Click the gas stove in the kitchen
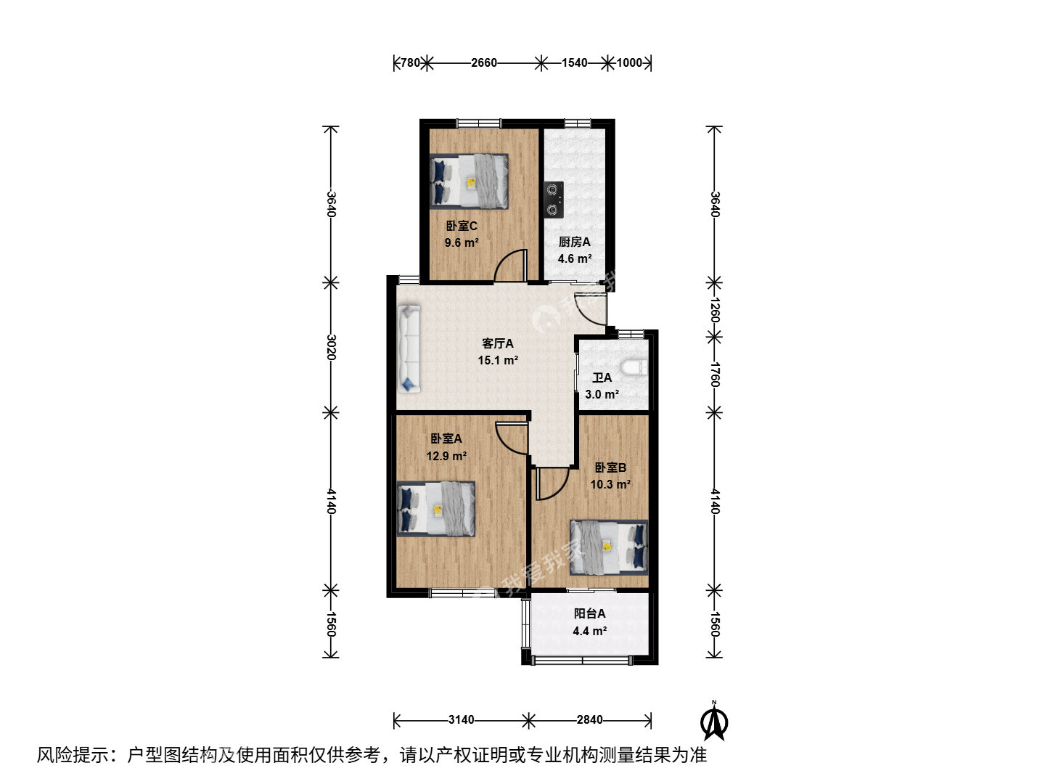click(554, 200)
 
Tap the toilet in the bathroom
click(634, 367)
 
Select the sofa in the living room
click(409, 349)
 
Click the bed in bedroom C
click(469, 181)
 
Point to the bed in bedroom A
click(436, 510)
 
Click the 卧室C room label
click(462, 226)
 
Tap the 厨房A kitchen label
click(575, 242)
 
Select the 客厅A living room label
click(498, 343)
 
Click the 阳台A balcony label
click(589, 613)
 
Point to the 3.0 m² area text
click(602, 394)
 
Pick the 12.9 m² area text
click(446, 456)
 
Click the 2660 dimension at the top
click(484, 63)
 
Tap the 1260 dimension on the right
click(714, 310)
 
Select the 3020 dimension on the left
click(332, 347)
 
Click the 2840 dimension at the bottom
click(589, 719)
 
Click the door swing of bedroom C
click(510, 265)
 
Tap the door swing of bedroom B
click(552, 483)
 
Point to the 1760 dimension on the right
click(714, 375)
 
